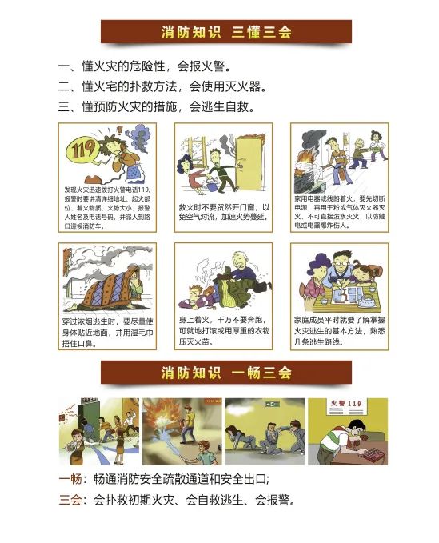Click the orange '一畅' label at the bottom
[x=70, y=480]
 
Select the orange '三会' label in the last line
[x=70, y=501]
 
